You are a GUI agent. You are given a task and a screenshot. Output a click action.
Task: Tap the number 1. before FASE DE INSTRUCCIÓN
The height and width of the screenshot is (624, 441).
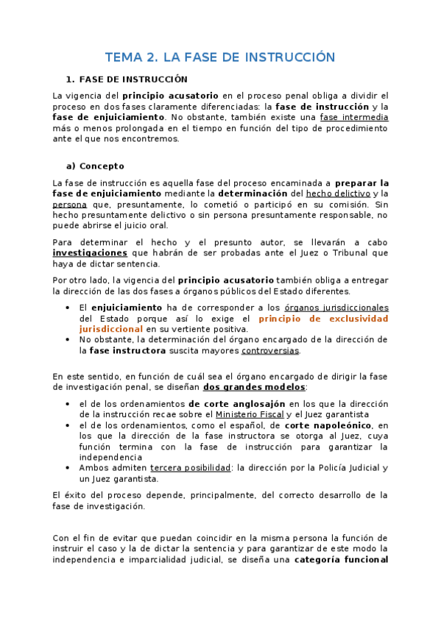click(x=70, y=79)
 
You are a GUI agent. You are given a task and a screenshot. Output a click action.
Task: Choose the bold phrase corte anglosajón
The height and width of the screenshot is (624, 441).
click(x=236, y=404)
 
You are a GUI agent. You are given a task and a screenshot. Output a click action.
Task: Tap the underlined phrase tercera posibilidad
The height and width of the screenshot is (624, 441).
click(x=189, y=468)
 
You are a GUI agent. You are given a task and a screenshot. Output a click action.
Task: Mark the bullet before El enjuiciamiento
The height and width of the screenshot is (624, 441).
click(x=68, y=308)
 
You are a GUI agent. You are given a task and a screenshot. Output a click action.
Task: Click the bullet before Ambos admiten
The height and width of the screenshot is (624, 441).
click(x=68, y=468)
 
